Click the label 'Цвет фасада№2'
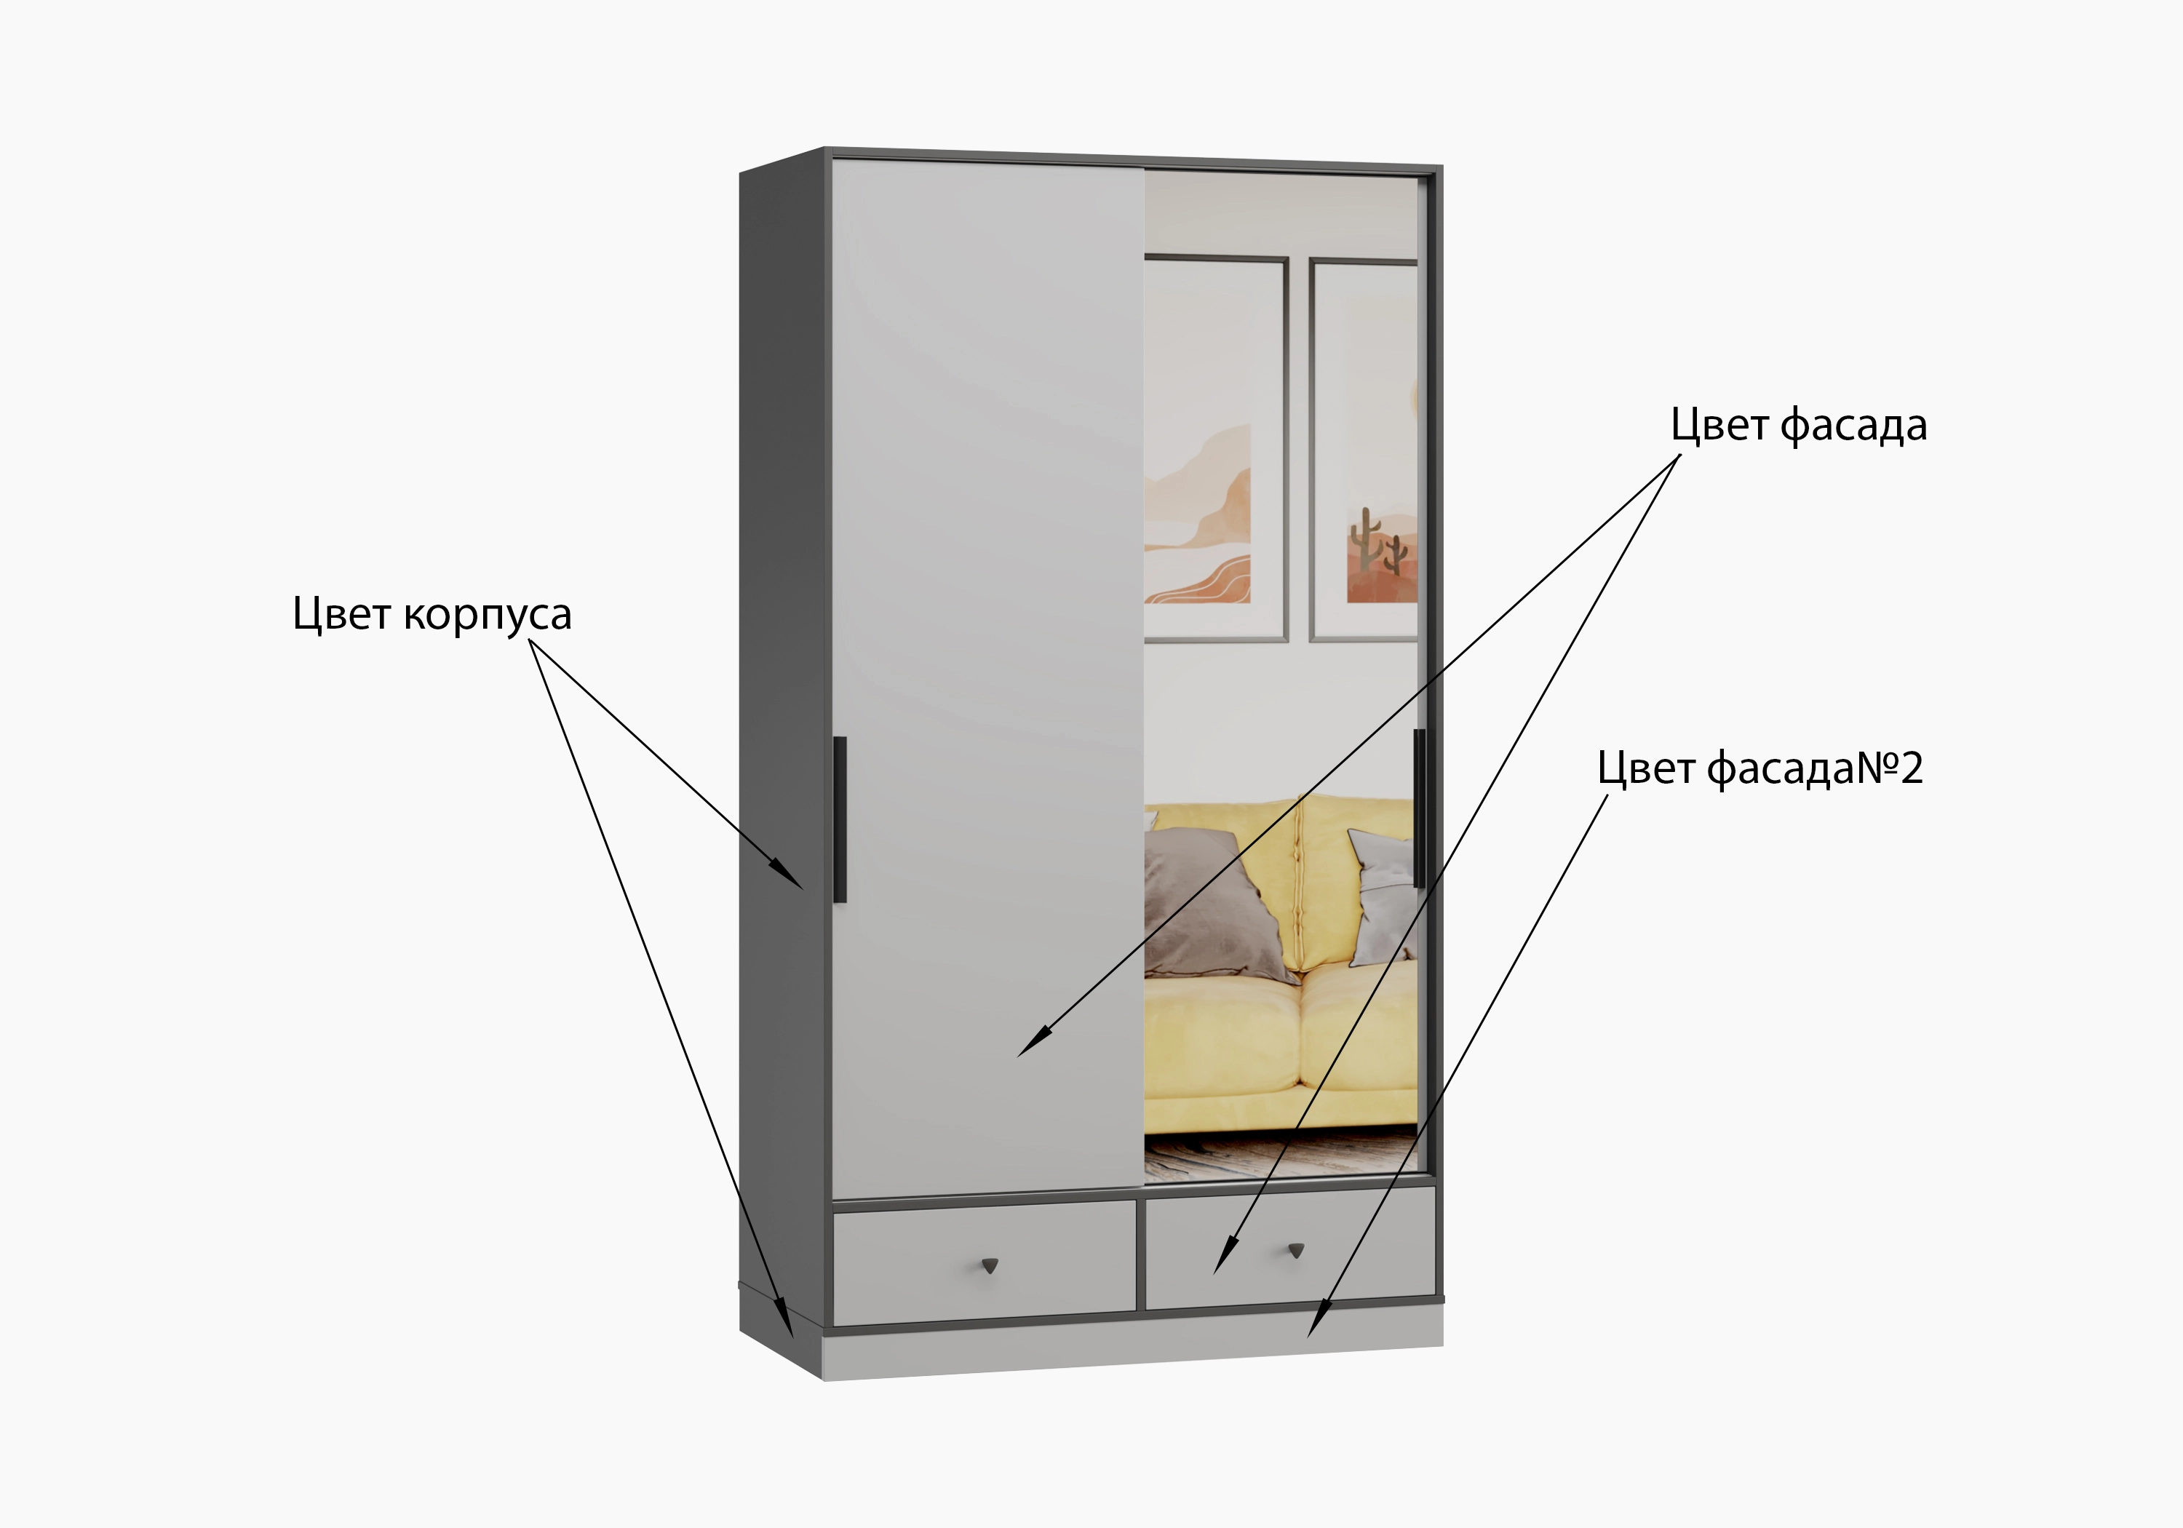pyautogui.click(x=1760, y=768)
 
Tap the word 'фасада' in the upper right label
pyautogui.click(x=1853, y=425)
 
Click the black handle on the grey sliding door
pyautogui.click(x=840, y=819)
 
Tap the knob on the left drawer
pyautogui.click(x=990, y=1265)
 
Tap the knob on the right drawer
pyautogui.click(x=1296, y=1249)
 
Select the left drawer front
pyautogui.click(x=984, y=1262)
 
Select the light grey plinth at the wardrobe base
pyautogui.click(x=1132, y=1348)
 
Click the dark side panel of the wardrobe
pyautogui.click(x=782, y=751)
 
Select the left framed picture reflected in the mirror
pyautogui.click(x=1216, y=449)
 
